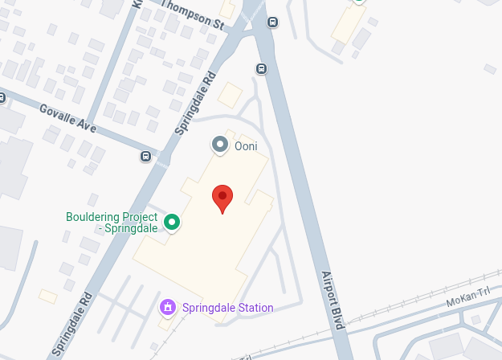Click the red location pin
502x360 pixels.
(222, 197)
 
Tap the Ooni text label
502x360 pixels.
(244, 145)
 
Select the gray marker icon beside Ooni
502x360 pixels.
(219, 145)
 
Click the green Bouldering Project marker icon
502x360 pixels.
(171, 221)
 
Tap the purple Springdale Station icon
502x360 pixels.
(168, 307)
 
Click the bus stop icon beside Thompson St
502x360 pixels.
(272, 22)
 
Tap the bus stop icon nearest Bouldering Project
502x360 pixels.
(145, 156)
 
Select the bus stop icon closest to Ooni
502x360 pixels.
(261, 68)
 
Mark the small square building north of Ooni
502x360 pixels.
(231, 95)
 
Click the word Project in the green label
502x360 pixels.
(136, 217)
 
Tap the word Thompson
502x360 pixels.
(186, 12)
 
